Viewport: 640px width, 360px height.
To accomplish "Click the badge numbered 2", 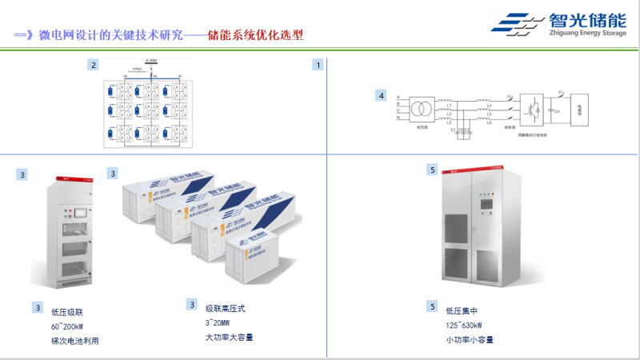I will pyautogui.click(x=94, y=65).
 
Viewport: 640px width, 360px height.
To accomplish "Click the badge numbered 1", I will pyautogui.click(x=318, y=65).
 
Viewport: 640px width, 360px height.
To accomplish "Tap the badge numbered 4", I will pyautogui.click(x=382, y=97).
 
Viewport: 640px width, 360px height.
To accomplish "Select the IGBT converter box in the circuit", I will pyautogui.click(x=530, y=108).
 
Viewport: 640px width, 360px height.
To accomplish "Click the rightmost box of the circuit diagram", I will pyautogui.click(x=582, y=109).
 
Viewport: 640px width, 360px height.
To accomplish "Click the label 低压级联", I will pyautogui.click(x=66, y=312).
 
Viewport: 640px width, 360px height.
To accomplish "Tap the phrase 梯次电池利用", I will pyautogui.click(x=75, y=341).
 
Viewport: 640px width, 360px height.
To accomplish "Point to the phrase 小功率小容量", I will pyautogui.click(x=470, y=339).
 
